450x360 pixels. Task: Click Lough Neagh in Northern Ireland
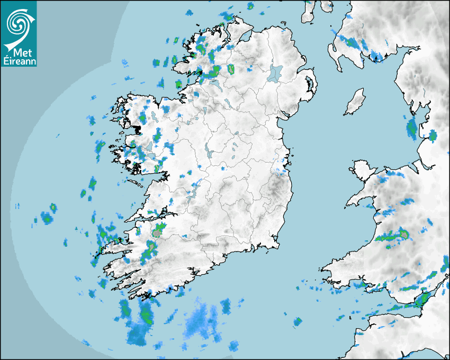point(276,73)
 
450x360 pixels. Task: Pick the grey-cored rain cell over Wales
point(404,233)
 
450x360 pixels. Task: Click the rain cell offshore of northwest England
point(412,127)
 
